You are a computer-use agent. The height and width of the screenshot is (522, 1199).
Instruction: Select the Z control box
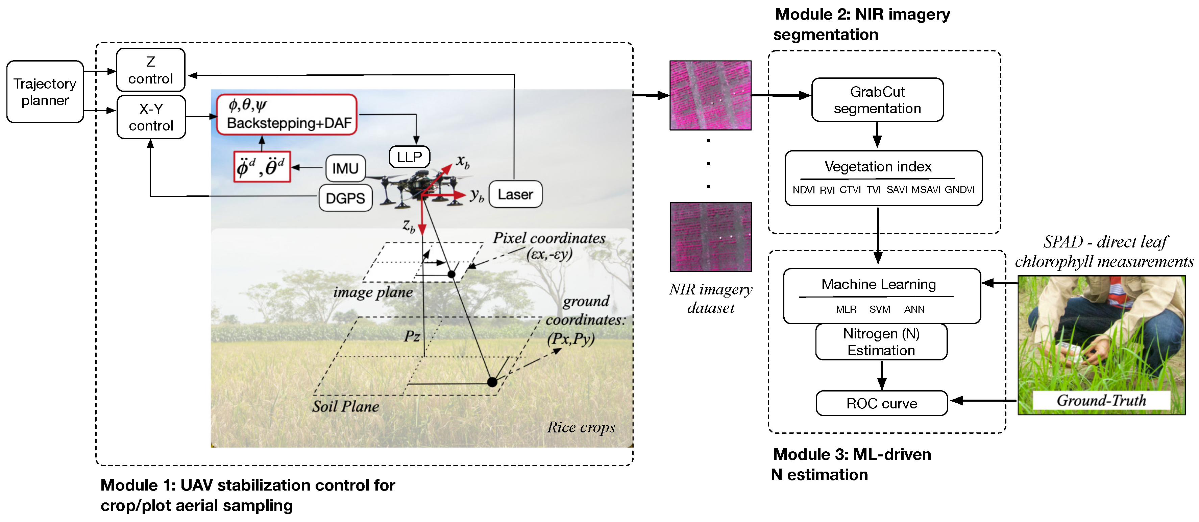pos(150,70)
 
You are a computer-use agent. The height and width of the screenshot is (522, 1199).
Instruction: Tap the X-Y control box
pos(151,117)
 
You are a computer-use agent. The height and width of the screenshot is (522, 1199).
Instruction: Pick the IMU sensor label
pos(345,168)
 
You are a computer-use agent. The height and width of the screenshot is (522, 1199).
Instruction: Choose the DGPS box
pos(345,198)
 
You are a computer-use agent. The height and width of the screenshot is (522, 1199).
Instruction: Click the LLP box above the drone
pos(409,157)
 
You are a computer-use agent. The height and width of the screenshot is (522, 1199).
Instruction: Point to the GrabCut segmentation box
pos(877,100)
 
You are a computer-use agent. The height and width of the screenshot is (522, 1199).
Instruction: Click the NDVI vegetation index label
pos(803,190)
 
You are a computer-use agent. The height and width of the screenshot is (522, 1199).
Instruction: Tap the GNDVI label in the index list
pos(959,190)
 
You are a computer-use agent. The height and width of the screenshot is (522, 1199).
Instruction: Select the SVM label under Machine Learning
pos(879,309)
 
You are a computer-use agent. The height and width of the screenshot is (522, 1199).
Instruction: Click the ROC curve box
pos(882,403)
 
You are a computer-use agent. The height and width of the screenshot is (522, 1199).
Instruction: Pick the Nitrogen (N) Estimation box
pos(881,342)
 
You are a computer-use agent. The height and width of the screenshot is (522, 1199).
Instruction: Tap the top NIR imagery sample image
pos(710,95)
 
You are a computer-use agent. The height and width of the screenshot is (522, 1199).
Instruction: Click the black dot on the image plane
pos(451,274)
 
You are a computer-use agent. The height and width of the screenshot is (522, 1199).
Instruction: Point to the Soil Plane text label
pos(345,406)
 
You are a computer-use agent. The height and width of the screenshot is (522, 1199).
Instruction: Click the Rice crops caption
pos(581,427)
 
